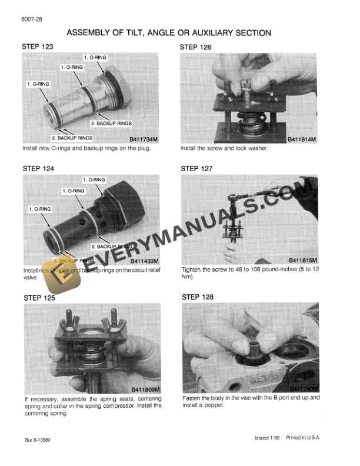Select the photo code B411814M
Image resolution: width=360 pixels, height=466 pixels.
[x=302, y=139]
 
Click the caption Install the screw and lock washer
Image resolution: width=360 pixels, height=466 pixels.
[x=224, y=148]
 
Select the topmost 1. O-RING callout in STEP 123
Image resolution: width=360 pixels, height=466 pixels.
[x=95, y=58]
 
